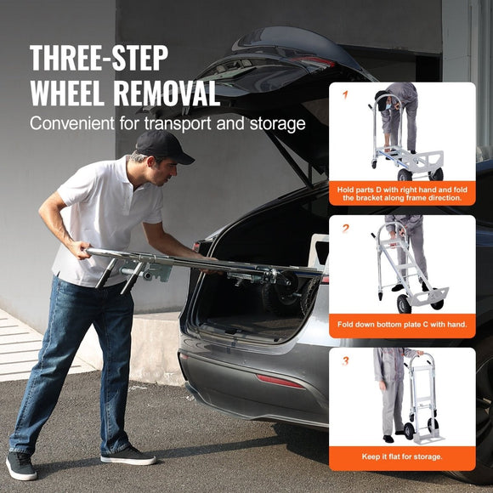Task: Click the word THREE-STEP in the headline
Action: (x=99, y=58)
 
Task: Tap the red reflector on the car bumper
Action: (x=280, y=381)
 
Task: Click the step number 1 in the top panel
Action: (x=345, y=95)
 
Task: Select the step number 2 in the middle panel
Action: (x=346, y=228)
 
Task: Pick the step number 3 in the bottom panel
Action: (x=346, y=360)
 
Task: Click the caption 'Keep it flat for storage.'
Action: (x=402, y=457)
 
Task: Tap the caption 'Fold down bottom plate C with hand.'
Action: (x=402, y=325)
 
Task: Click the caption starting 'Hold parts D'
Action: (x=402, y=193)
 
